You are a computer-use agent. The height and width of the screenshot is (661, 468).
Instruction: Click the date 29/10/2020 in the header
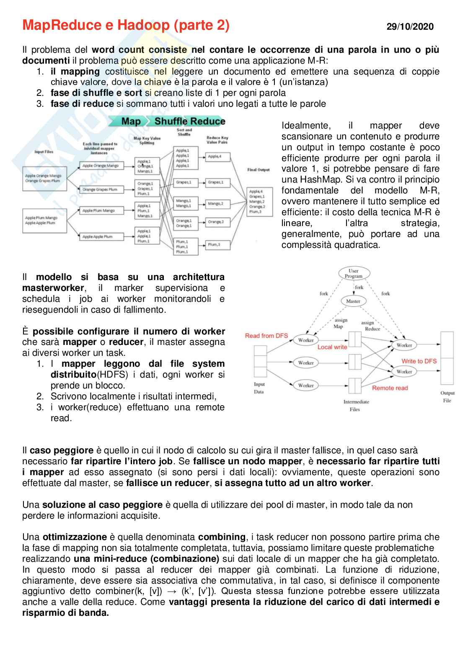coord(410,27)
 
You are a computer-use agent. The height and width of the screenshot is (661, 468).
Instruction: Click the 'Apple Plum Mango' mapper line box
coord(98,211)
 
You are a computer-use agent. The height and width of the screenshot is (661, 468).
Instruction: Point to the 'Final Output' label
coord(259,170)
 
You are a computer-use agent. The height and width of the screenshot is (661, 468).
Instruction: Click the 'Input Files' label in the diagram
coord(44,152)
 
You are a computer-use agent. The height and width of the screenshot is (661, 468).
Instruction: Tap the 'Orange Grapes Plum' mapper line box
coord(100,189)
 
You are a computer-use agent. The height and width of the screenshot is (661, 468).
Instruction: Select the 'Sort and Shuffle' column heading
coord(184,132)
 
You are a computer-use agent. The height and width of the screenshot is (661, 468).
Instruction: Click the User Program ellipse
coord(354,273)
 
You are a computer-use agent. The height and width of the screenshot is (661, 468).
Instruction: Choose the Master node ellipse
coord(353,301)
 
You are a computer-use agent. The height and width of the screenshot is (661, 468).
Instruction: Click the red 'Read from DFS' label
coord(266,336)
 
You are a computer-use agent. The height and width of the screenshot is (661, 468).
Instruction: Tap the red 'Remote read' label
coord(390,388)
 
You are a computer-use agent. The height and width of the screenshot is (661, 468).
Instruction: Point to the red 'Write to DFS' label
coord(419,361)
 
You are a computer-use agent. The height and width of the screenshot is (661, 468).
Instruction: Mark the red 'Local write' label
coord(332,347)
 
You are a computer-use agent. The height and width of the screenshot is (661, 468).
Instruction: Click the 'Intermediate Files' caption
coord(356,405)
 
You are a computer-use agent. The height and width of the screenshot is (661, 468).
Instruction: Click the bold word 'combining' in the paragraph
coord(222,537)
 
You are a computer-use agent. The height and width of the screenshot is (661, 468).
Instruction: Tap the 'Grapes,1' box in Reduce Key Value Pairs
coord(215,183)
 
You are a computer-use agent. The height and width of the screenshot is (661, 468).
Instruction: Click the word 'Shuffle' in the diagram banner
coord(171,122)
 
